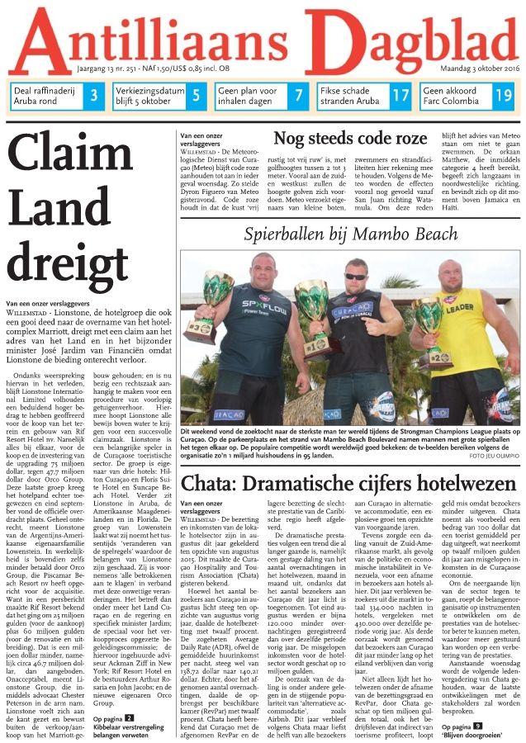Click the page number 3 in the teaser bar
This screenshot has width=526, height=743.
coord(94,96)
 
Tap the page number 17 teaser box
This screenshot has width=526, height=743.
coord(400,96)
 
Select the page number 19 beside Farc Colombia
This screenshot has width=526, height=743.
coord(503,96)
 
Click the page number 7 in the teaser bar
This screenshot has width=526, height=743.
coord(298,96)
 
